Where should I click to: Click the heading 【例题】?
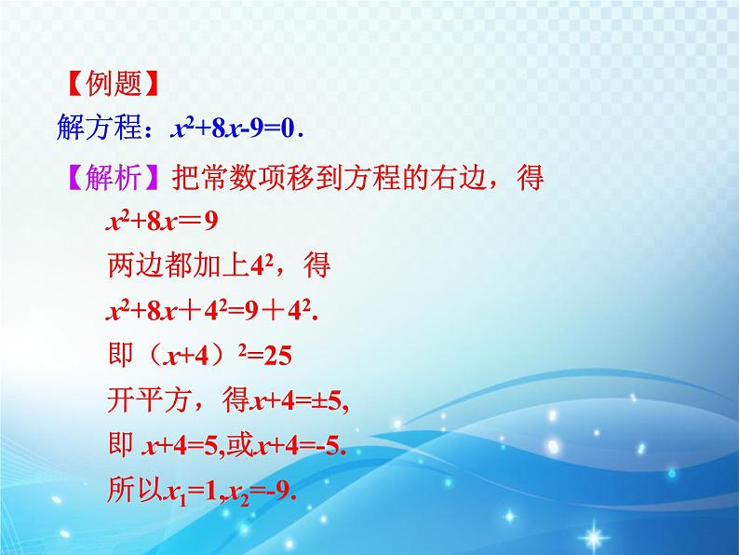[x=112, y=84]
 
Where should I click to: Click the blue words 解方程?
[x=99, y=127]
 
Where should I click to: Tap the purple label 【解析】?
[x=113, y=177]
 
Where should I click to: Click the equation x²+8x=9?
[x=162, y=221]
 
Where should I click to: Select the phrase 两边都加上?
[x=178, y=265]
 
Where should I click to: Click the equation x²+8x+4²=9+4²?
[x=212, y=311]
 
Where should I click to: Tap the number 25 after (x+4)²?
[x=277, y=356]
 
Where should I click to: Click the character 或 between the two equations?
[x=240, y=444]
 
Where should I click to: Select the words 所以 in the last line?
[x=135, y=489]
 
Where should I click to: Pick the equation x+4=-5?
[x=301, y=445]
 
